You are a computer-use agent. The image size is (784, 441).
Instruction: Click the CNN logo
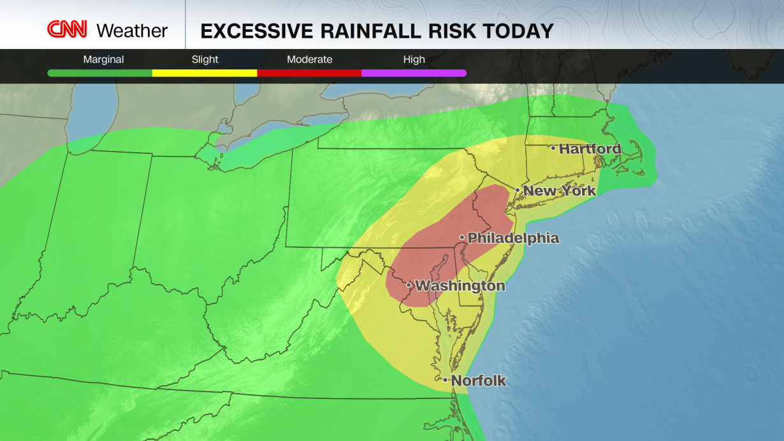click(x=67, y=29)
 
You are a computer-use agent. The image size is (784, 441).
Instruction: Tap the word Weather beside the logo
click(x=132, y=30)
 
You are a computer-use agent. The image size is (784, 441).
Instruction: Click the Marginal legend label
click(x=103, y=59)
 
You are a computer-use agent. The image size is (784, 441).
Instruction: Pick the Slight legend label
click(x=205, y=59)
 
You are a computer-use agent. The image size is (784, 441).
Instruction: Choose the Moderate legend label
click(x=309, y=59)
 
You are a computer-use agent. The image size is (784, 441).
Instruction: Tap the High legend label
click(x=414, y=59)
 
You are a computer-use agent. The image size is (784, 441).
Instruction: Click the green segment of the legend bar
click(x=99, y=73)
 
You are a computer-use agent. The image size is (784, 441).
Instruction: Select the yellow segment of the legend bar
click(x=205, y=73)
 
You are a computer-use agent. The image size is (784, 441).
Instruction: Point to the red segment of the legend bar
click(x=309, y=73)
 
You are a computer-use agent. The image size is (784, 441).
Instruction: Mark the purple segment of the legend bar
click(x=414, y=73)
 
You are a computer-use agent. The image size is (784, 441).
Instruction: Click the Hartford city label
click(x=590, y=149)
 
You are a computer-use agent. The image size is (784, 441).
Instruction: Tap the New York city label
click(x=560, y=191)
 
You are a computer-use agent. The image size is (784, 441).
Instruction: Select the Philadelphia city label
click(x=513, y=238)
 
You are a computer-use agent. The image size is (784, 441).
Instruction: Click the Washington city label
click(x=460, y=286)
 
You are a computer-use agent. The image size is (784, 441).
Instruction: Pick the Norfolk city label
click(x=479, y=381)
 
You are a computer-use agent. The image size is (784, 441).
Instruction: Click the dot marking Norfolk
click(x=446, y=380)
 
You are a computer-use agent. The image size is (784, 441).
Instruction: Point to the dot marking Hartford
click(x=553, y=148)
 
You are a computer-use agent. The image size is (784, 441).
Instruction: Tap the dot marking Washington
click(x=409, y=285)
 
